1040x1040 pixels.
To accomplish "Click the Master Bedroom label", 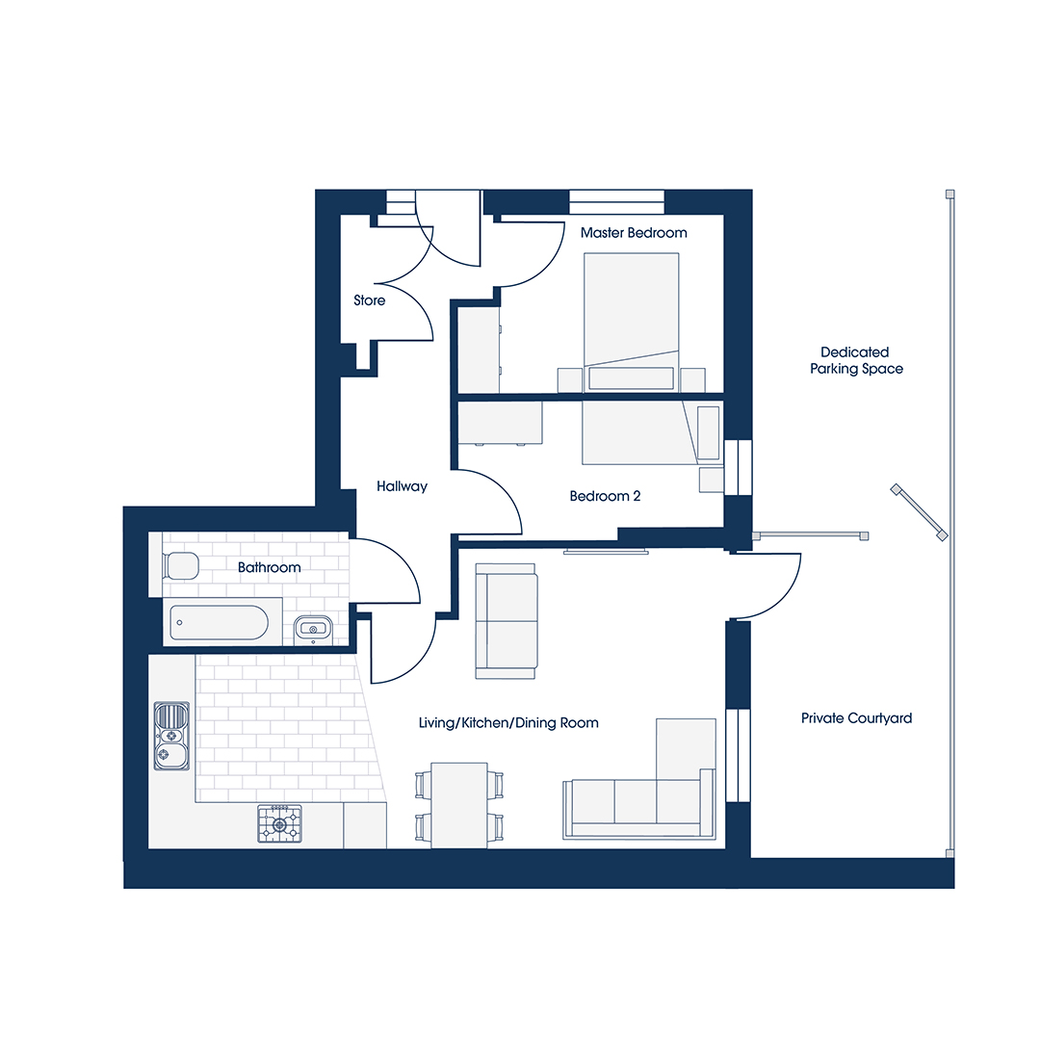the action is [634, 233].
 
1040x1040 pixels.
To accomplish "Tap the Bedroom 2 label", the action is [605, 496].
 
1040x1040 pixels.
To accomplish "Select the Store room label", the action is [370, 300].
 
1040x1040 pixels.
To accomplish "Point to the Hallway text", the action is [402, 486].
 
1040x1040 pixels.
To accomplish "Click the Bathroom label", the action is [270, 567].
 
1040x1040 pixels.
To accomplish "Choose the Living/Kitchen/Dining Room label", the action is [508, 723].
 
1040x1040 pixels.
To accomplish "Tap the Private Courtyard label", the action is [856, 718].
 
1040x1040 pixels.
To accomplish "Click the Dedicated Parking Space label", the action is [856, 360].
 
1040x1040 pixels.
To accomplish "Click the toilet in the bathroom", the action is [180, 566].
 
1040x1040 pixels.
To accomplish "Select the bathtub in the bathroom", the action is [220, 623].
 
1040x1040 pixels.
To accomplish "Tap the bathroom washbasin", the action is [313, 628].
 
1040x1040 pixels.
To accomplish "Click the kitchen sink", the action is [171, 737].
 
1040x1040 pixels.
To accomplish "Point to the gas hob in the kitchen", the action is [279, 824].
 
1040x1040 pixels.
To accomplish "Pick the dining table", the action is [459, 805].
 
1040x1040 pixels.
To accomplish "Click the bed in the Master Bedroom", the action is [632, 323].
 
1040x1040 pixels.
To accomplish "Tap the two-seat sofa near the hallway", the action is [507, 621].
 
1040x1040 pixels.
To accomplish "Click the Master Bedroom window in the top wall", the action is [617, 201].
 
